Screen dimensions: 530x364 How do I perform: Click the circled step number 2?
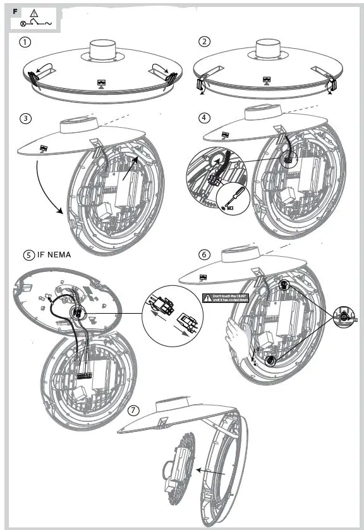204,42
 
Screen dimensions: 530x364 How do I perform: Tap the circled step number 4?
204,118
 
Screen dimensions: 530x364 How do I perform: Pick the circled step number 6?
204,254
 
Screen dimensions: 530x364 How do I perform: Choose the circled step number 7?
133,410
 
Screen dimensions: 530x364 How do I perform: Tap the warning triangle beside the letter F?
33,13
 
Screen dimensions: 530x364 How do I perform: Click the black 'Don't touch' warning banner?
229,298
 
